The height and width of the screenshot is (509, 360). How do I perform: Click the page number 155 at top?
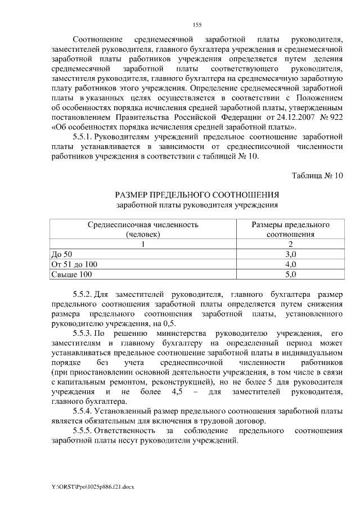point(197,24)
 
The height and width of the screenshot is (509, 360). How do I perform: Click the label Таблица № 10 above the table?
point(317,175)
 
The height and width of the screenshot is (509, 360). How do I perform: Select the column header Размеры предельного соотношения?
point(290,229)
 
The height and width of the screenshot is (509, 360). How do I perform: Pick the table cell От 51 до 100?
point(74,264)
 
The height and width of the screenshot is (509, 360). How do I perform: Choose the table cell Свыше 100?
point(71,274)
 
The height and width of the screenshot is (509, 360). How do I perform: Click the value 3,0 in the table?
point(290,254)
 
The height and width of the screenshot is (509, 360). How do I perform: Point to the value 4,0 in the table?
point(290,264)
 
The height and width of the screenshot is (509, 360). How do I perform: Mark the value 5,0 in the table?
point(290,274)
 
